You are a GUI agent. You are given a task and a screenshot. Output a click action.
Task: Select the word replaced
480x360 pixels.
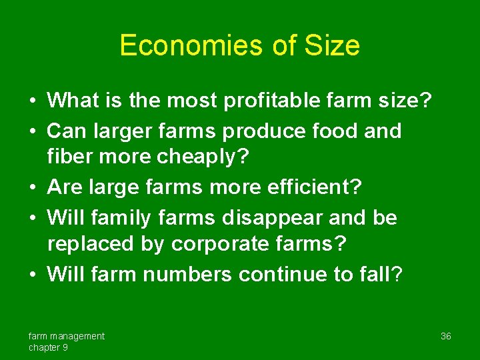[91, 245]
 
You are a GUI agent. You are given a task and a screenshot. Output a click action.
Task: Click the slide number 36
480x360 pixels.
[446, 336]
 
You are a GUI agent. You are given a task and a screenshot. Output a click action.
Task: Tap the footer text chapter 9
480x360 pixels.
[48, 347]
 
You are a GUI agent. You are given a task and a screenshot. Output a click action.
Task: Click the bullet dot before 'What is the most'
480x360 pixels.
[32, 102]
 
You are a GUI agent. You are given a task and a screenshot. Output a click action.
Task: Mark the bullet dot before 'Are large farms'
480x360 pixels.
[32, 189]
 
